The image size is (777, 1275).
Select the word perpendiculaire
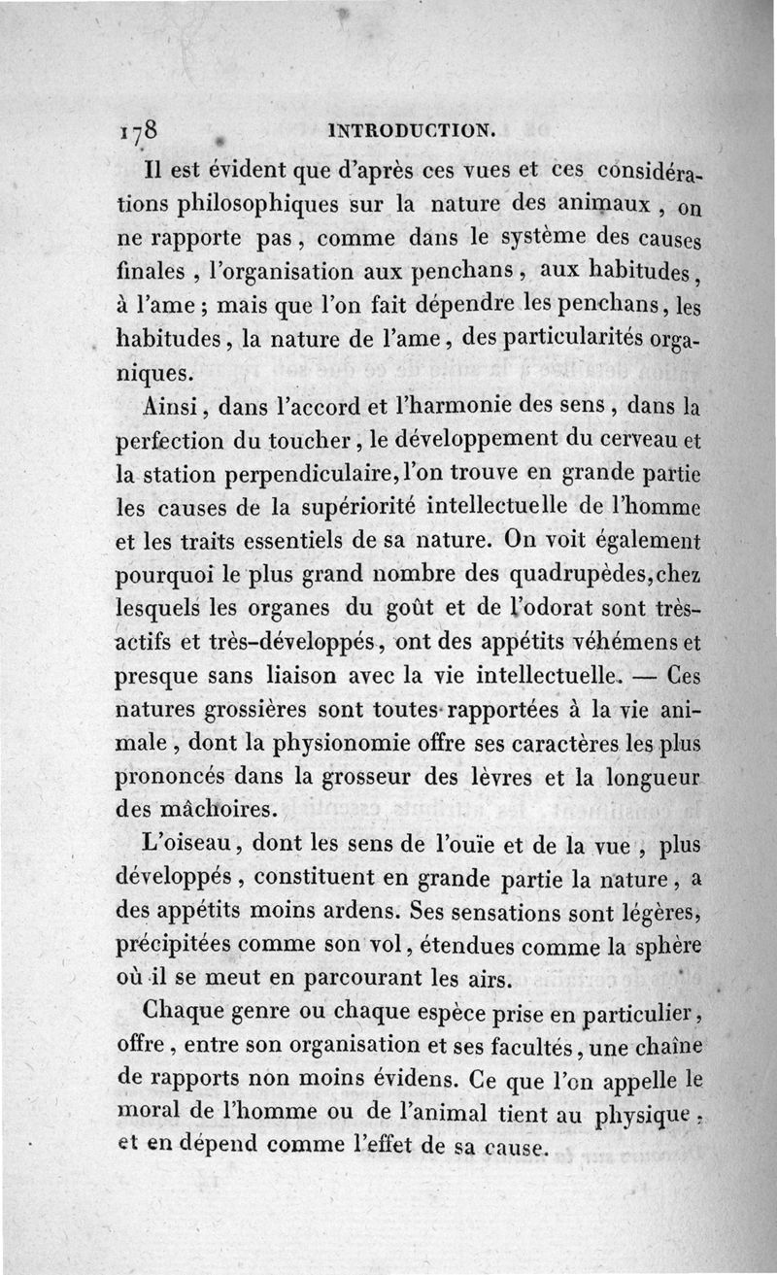(308, 475)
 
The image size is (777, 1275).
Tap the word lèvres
(499, 777)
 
